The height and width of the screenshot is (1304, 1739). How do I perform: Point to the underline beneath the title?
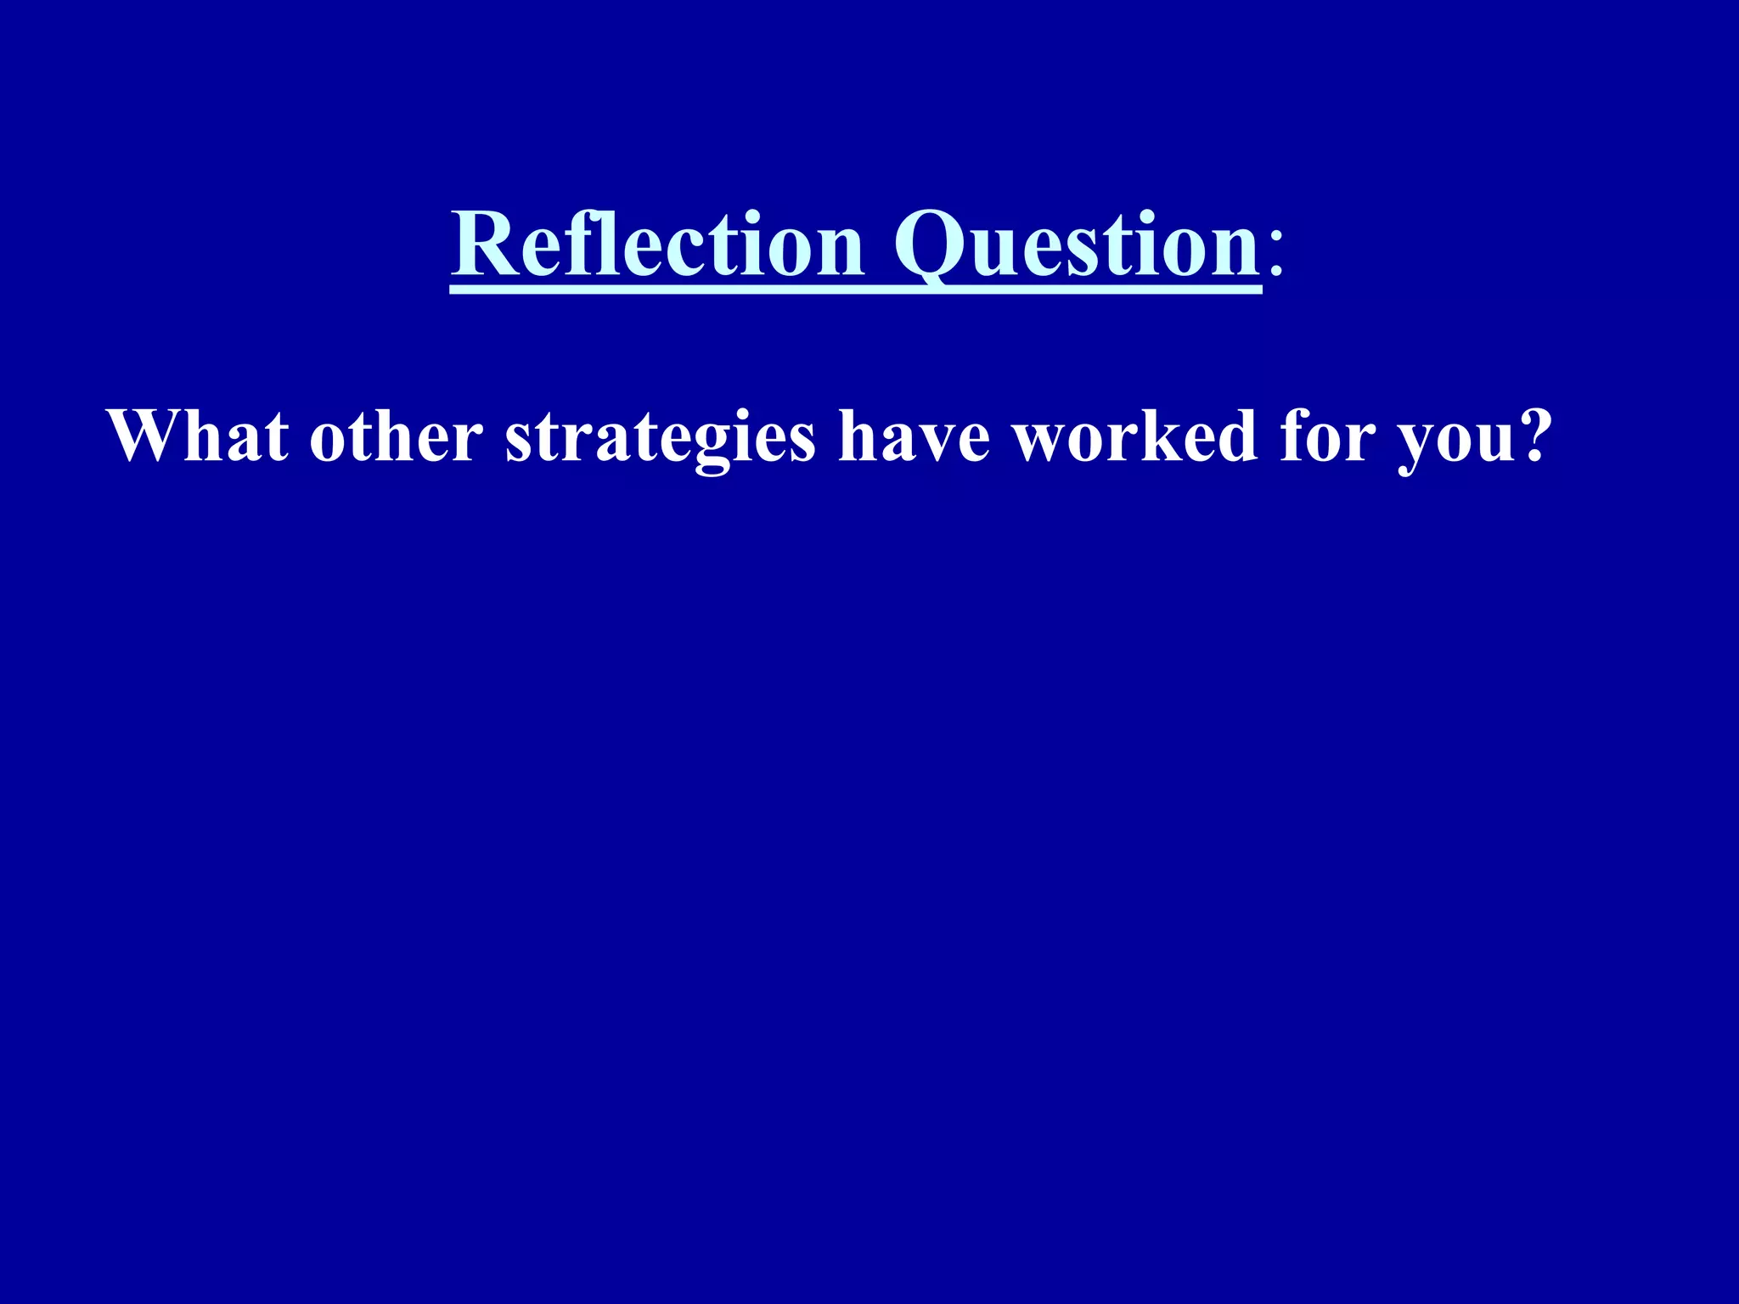pos(855,290)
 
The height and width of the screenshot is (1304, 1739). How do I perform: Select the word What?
pos(198,436)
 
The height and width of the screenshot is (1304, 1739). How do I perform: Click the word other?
pos(396,436)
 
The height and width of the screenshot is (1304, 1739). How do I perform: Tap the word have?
pos(914,436)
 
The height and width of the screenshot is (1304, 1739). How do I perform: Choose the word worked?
pos(1135,436)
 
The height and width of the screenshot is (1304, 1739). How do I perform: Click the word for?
pos(1327,436)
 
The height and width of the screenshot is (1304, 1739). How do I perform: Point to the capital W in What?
pos(139,436)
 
